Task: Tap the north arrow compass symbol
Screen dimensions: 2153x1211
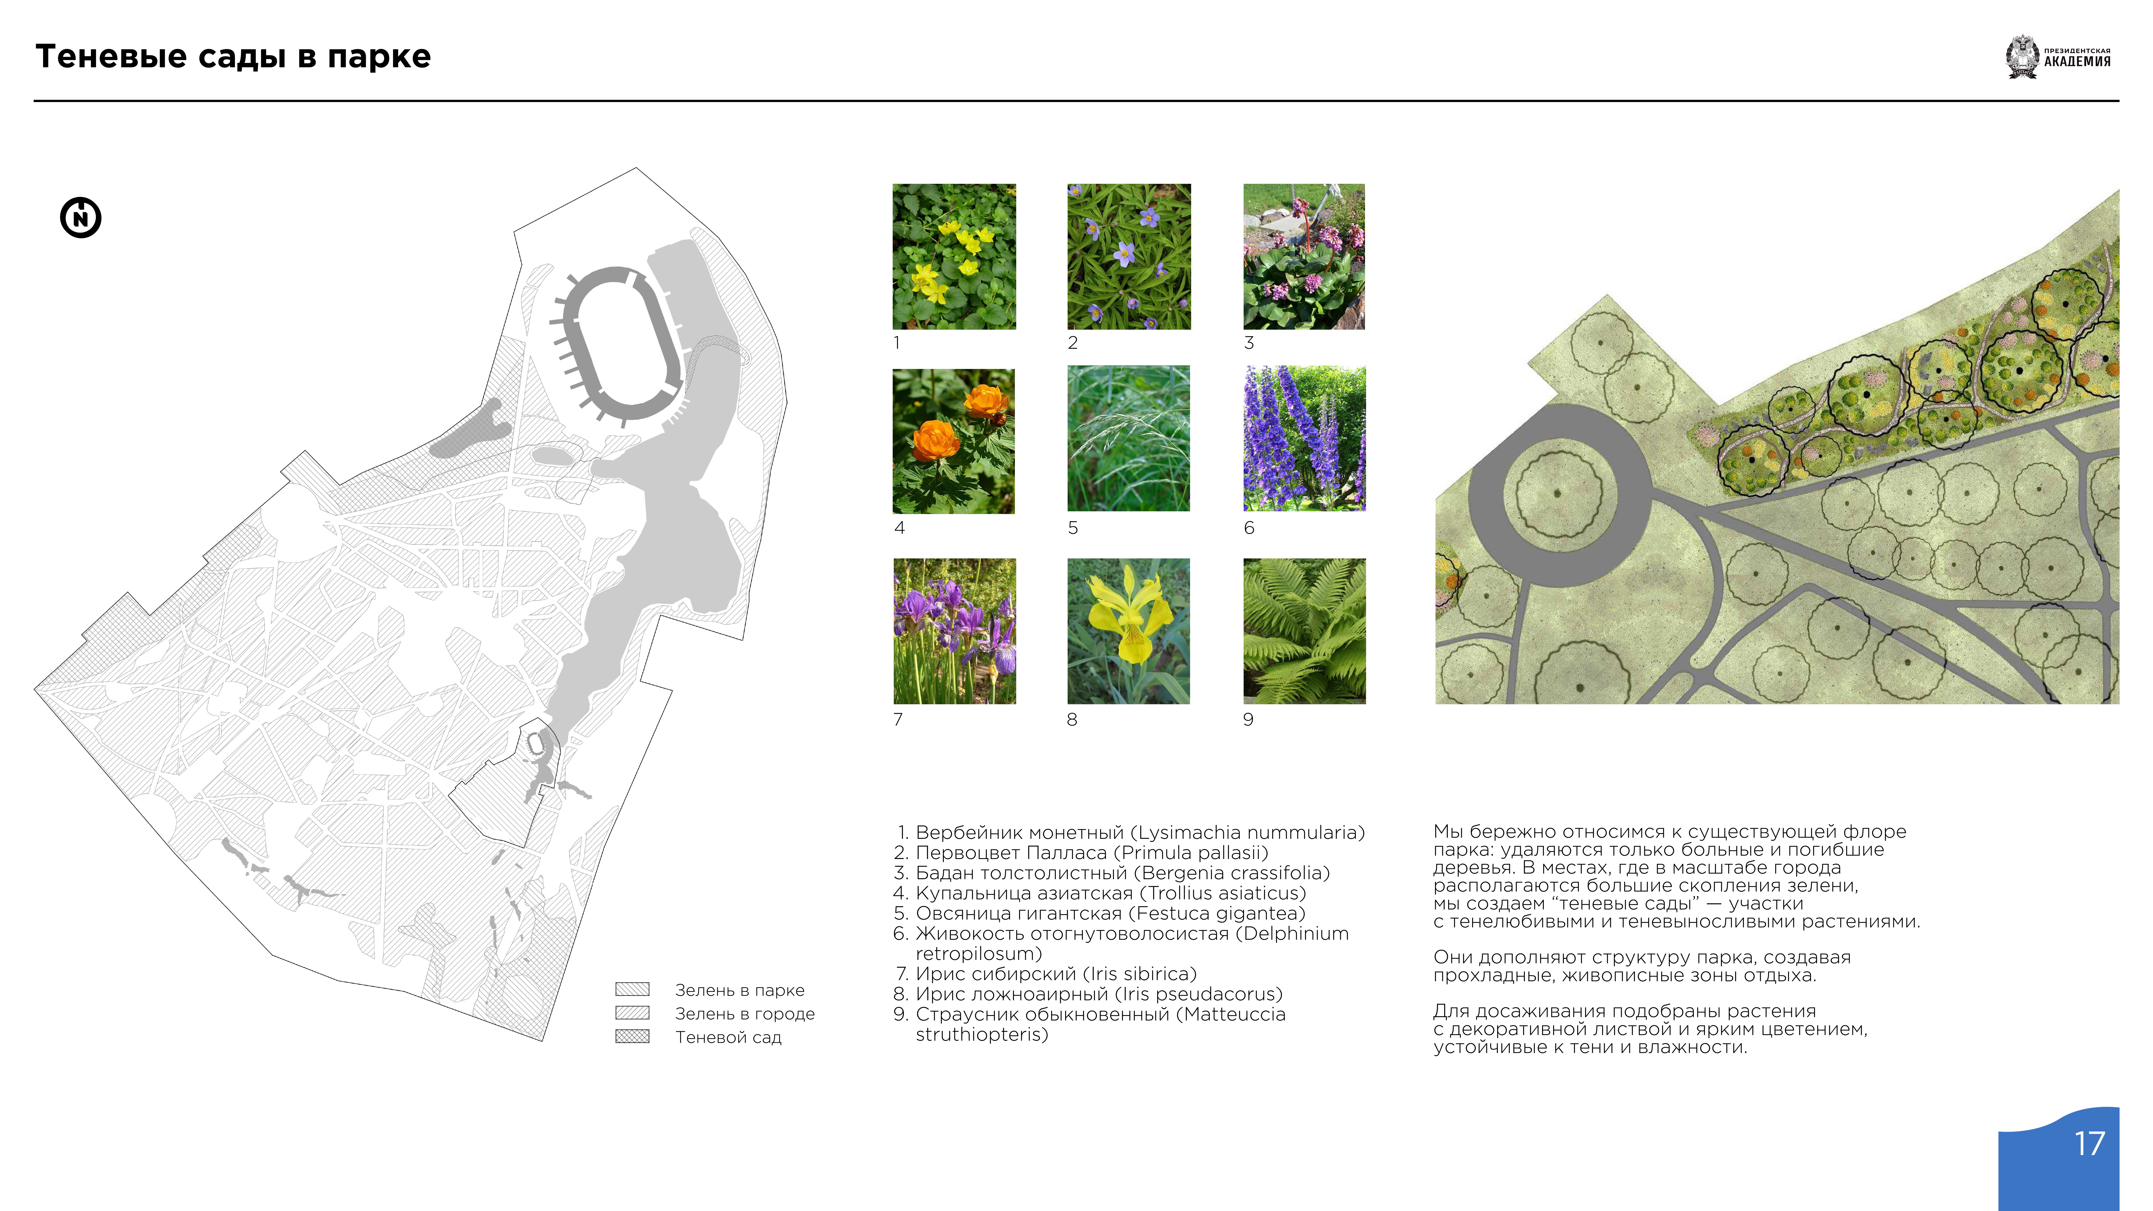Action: pyautogui.click(x=81, y=218)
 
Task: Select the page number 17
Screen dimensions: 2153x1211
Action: pyautogui.click(x=2089, y=1143)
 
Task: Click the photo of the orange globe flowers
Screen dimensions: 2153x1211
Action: pyautogui.click(x=954, y=441)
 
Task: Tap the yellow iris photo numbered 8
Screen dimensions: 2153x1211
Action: pyautogui.click(x=1128, y=631)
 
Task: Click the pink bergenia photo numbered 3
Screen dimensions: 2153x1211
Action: pyautogui.click(x=1304, y=256)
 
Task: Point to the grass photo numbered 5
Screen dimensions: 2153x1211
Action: pyautogui.click(x=1128, y=438)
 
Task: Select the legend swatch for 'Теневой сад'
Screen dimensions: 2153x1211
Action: pyautogui.click(x=632, y=1036)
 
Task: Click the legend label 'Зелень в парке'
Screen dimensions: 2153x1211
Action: pyautogui.click(x=740, y=990)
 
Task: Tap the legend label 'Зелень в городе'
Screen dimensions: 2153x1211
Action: pyautogui.click(x=745, y=1014)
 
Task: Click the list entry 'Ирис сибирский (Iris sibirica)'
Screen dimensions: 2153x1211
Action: pyautogui.click(x=1056, y=974)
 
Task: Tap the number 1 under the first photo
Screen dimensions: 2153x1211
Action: pyautogui.click(x=897, y=343)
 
